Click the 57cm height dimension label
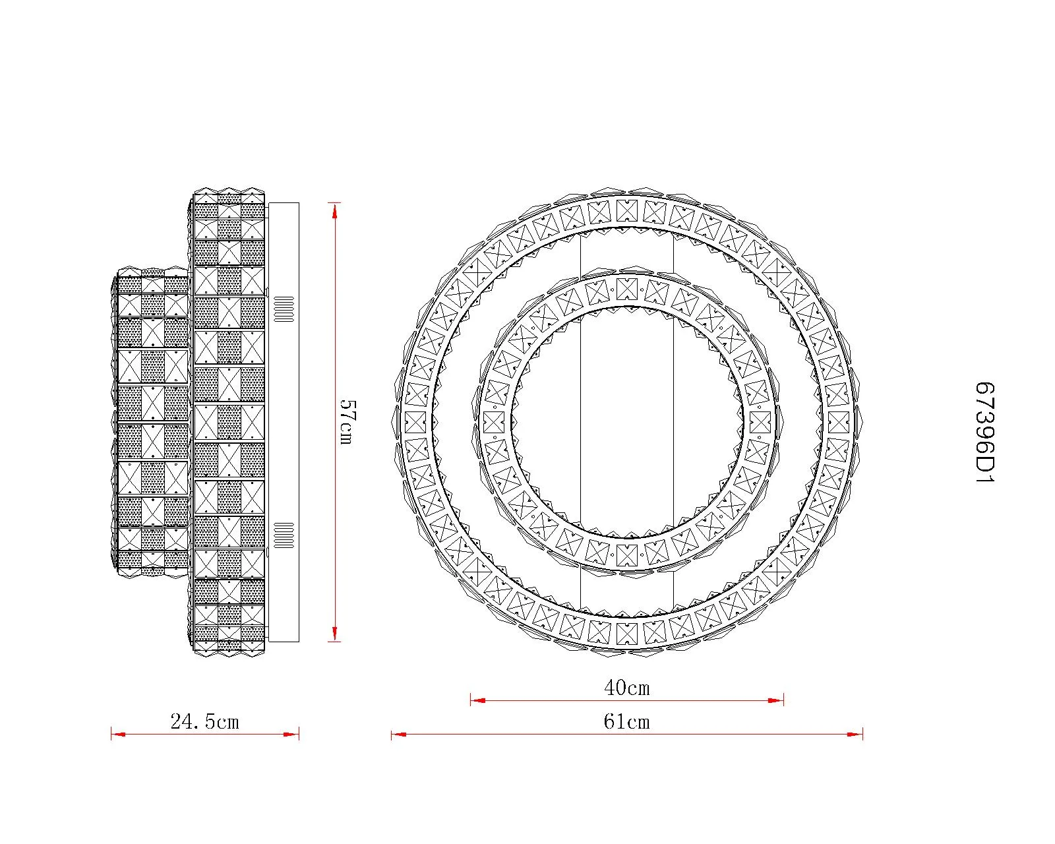pos(348,422)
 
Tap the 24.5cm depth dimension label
pos(205,722)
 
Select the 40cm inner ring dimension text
pos(627,688)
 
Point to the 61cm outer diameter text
pos(626,722)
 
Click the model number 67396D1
pos(984,433)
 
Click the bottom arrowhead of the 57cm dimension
pos(334,634)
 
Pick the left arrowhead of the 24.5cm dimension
pos(119,734)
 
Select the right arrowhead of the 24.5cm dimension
pos(291,734)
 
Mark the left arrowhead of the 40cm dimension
pos(478,700)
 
